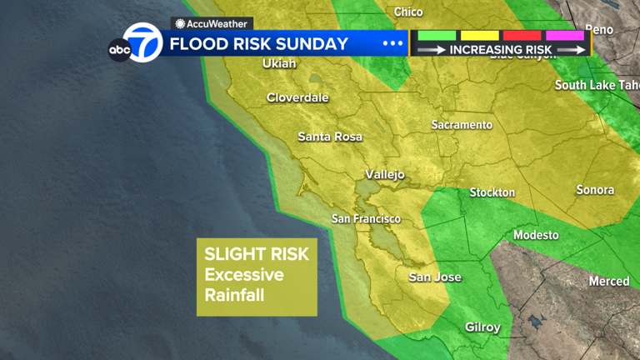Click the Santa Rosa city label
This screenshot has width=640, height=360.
(x=330, y=137)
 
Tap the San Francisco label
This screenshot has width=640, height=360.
(x=366, y=219)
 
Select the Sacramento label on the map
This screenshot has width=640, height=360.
(x=462, y=125)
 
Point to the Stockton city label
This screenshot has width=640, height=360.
(x=492, y=192)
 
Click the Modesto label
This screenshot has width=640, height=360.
(x=536, y=235)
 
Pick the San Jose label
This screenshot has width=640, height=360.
(x=434, y=277)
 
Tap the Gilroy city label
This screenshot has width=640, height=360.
(x=482, y=327)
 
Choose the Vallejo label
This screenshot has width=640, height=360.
(x=385, y=175)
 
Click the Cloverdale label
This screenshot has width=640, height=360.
(x=297, y=97)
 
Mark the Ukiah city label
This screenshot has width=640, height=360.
(x=279, y=63)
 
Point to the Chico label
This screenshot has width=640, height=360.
(x=407, y=12)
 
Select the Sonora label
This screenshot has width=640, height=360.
(x=595, y=190)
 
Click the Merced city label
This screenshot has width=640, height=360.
(x=609, y=282)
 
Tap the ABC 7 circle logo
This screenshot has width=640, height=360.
(x=142, y=43)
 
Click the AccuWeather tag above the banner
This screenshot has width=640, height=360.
(x=212, y=24)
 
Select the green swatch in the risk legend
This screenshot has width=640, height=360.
(x=437, y=36)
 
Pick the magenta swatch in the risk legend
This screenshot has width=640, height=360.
(x=564, y=36)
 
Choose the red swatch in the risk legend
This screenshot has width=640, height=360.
(x=522, y=36)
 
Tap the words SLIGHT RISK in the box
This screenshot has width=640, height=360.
(x=257, y=254)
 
